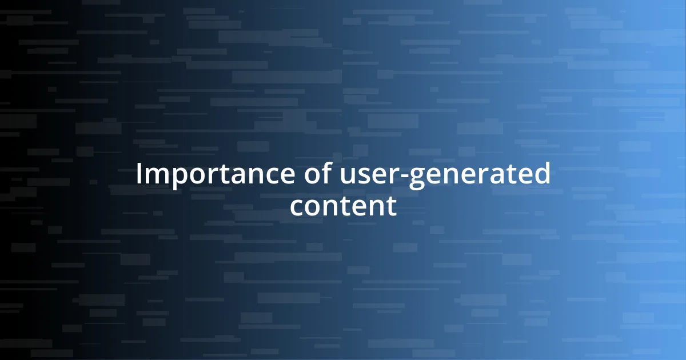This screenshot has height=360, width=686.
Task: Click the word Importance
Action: tap(214, 175)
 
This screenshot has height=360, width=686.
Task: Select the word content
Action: tap(343, 206)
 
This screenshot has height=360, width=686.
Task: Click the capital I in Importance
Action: tap(139, 175)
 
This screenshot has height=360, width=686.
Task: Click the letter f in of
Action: tap(326, 174)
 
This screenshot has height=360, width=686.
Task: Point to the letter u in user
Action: tap(350, 177)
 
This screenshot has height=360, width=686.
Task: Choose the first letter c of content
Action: tap(297, 207)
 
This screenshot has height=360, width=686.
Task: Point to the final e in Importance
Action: tap(285, 177)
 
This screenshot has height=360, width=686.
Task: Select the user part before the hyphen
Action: tap(373, 176)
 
